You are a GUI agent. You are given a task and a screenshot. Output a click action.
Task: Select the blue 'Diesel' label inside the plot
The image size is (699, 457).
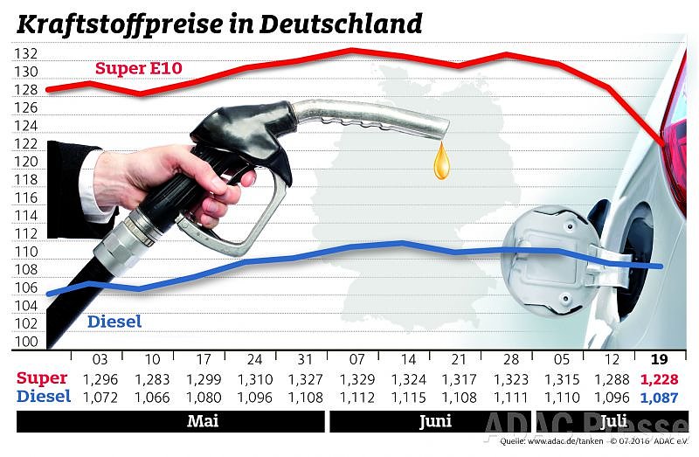[114, 322]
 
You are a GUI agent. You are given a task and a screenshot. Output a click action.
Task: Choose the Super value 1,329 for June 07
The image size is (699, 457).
[356, 378]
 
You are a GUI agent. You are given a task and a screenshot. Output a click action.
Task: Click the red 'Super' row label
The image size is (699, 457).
[42, 378]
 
